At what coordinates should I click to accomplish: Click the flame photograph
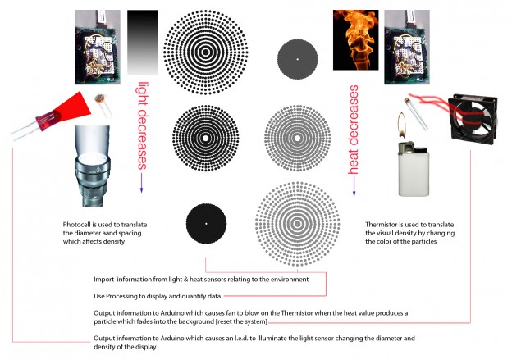pyautogui.click(x=355, y=40)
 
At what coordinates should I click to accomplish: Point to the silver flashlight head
pyautogui.click(x=92, y=166)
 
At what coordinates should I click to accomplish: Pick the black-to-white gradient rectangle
pyautogui.click(x=143, y=42)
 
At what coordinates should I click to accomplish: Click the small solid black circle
pyautogui.click(x=206, y=224)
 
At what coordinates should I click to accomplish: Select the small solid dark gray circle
pyautogui.click(x=298, y=59)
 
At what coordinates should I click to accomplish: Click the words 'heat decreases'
pyautogui.click(x=354, y=130)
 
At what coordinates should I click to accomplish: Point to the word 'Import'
pyautogui.click(x=104, y=280)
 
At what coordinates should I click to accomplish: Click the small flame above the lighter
pyautogui.click(x=401, y=125)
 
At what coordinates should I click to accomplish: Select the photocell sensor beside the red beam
pyautogui.click(x=103, y=104)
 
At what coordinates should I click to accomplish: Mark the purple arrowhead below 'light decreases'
pyautogui.click(x=142, y=190)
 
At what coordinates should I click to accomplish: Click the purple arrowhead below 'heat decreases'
pyautogui.click(x=354, y=194)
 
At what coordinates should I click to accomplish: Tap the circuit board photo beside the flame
pyautogui.click(x=407, y=47)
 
